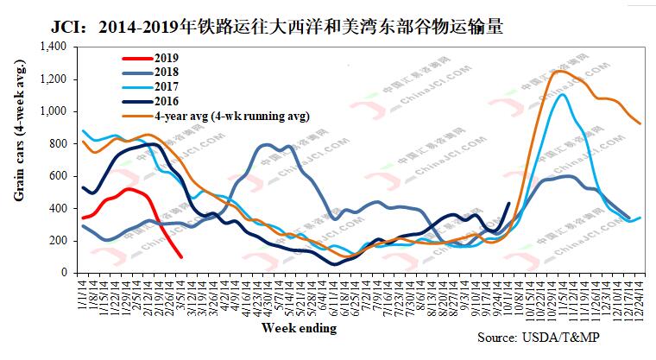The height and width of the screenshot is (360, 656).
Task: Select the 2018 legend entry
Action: (x=168, y=72)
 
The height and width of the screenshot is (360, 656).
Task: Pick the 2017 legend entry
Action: (x=168, y=86)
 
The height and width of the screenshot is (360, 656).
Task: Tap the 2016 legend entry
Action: (x=168, y=101)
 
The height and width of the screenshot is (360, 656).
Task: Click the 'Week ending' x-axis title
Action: (x=298, y=330)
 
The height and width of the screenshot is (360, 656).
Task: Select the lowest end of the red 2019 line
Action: (x=180, y=256)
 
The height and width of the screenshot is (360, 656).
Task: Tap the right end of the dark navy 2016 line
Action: (x=509, y=204)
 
